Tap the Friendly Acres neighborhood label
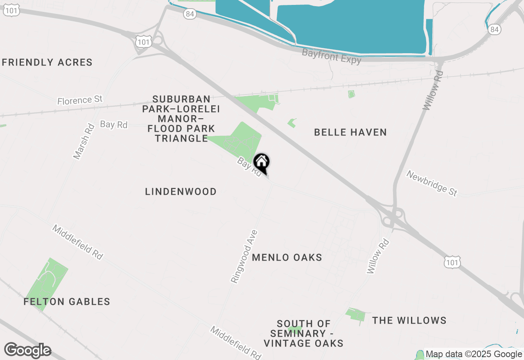point(47,63)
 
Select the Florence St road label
point(80,100)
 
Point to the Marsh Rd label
point(84,142)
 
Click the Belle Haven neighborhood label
point(350,132)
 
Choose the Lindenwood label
point(181,191)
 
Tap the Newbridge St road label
point(431,183)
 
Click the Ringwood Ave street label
point(244,256)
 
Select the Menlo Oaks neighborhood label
point(287,257)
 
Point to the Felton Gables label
point(67,302)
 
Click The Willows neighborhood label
point(409,320)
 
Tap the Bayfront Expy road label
point(332,56)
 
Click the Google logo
point(27,351)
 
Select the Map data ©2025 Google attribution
point(474,354)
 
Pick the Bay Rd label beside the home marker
point(249,168)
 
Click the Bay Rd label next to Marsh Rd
point(114,124)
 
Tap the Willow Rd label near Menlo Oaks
point(377,256)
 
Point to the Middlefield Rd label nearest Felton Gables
point(77,242)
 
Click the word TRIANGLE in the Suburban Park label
point(181,138)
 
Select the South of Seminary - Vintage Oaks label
point(303,333)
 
